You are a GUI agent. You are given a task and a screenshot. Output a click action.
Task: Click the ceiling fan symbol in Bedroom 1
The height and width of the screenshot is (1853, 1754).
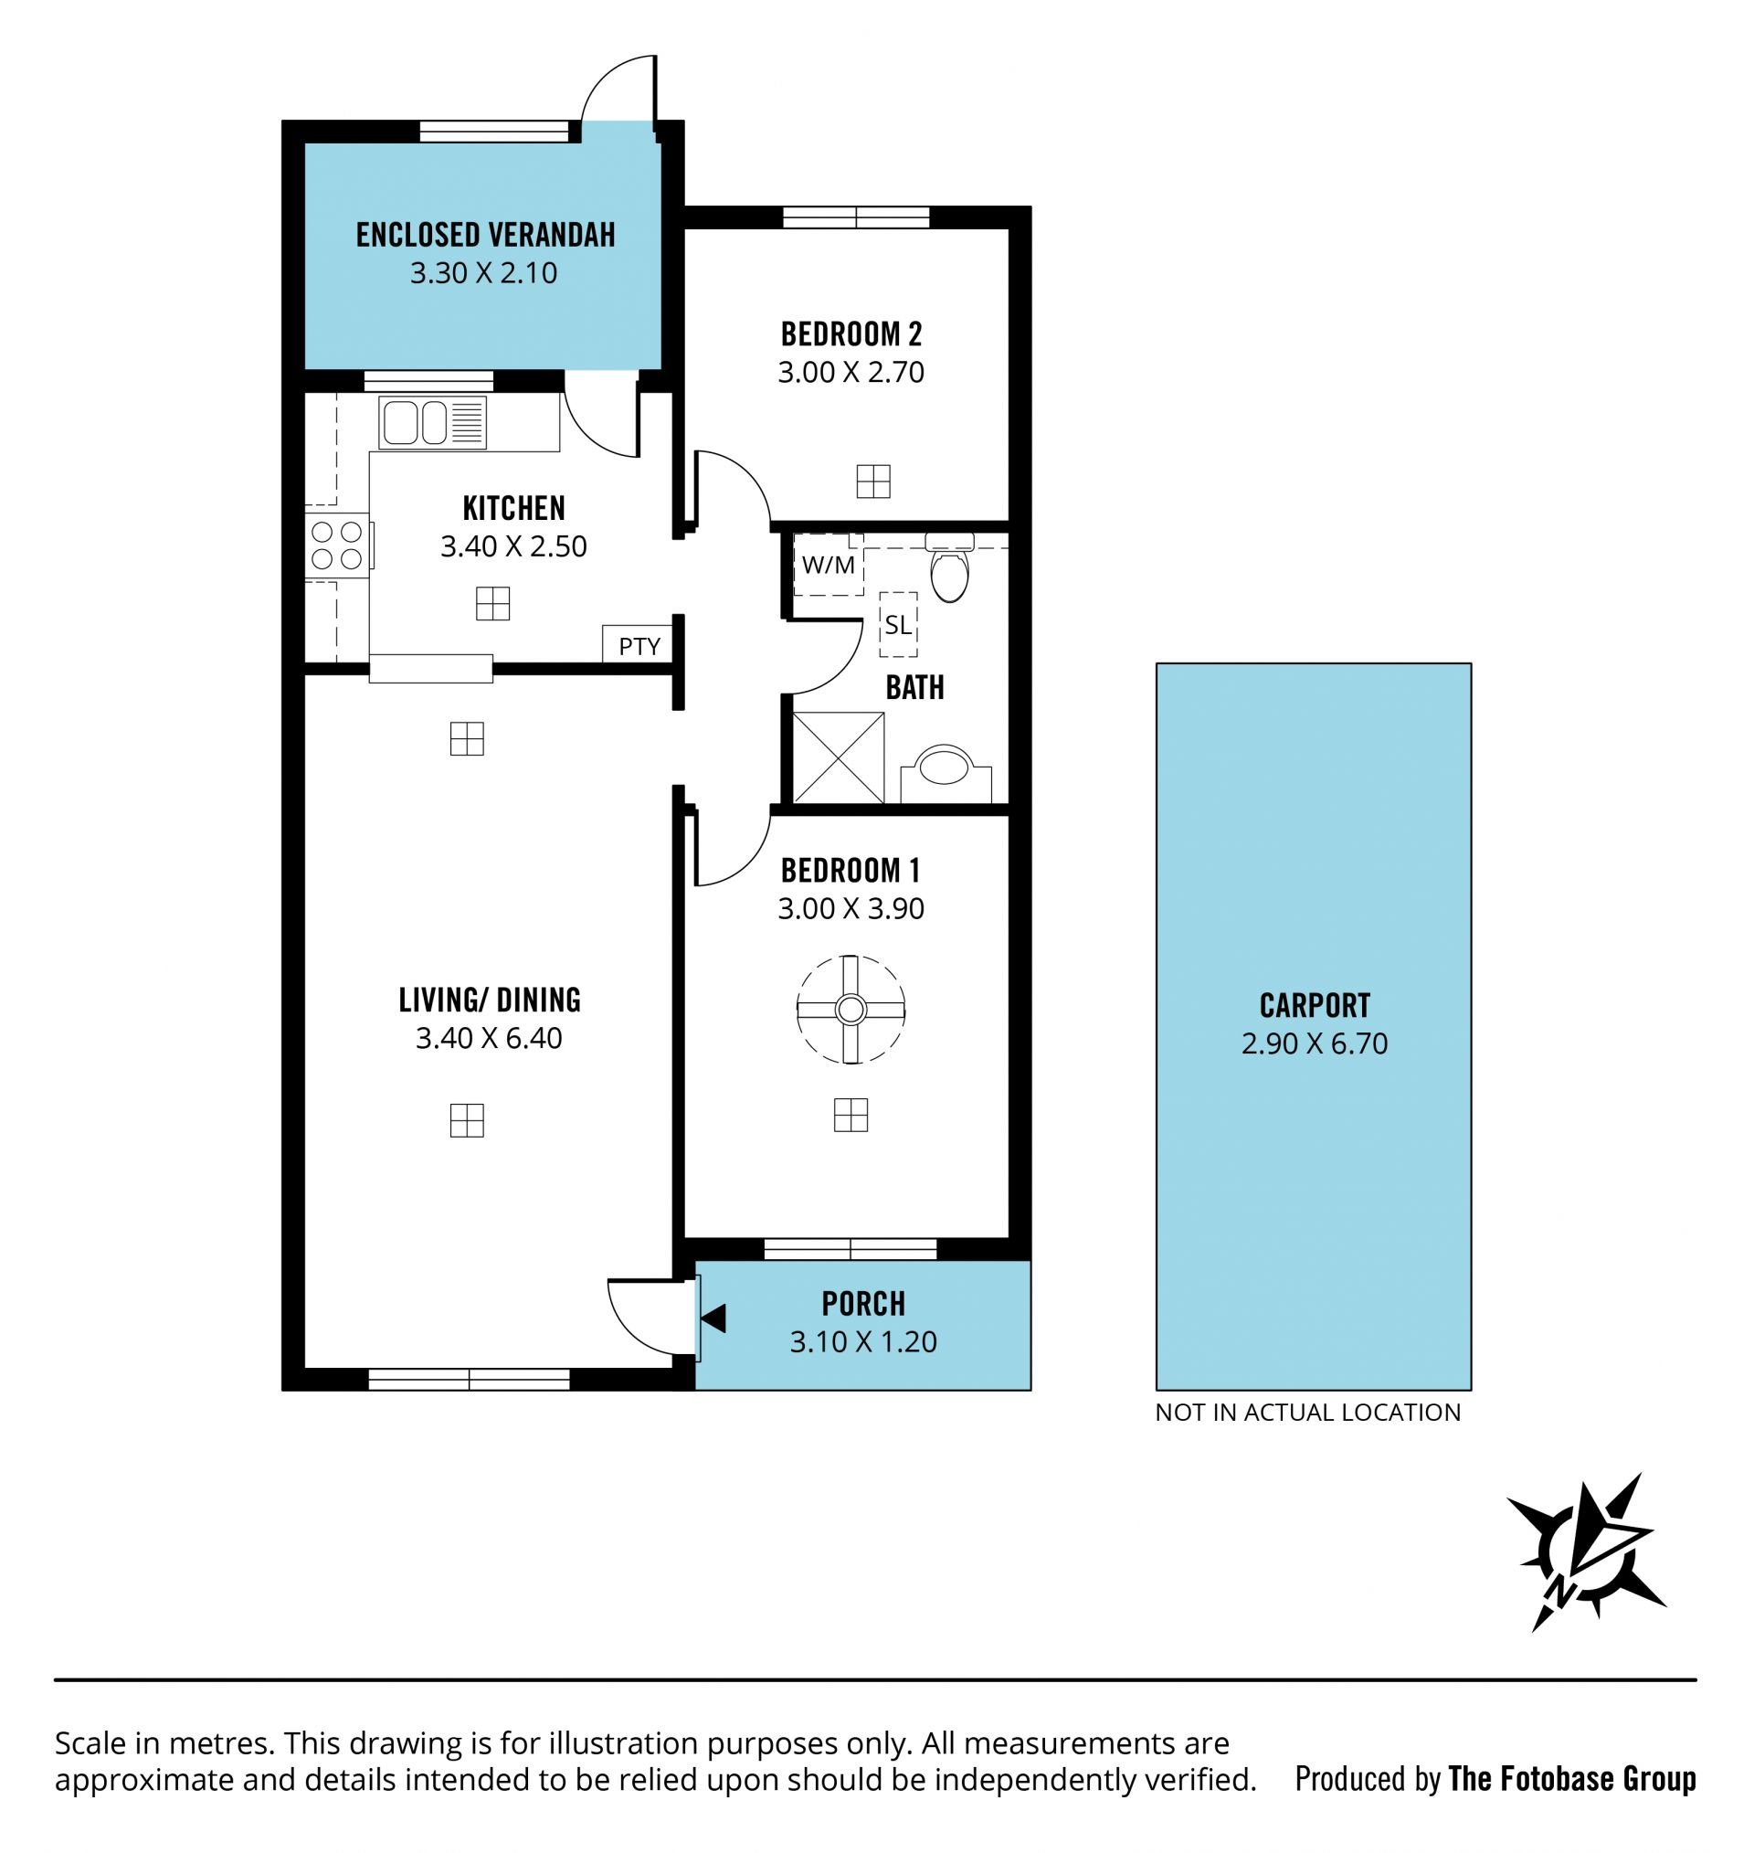tap(850, 1010)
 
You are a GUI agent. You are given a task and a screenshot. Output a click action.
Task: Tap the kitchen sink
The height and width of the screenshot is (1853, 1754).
tap(433, 421)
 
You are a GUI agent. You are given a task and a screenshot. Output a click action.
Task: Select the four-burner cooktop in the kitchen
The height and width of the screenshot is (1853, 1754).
tap(337, 545)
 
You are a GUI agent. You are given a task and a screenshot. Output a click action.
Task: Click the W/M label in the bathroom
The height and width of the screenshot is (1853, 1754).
tap(829, 565)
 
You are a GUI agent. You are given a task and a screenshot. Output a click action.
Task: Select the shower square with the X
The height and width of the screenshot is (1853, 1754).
tap(838, 757)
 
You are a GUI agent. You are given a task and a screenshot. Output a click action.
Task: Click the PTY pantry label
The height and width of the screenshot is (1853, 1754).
tap(639, 646)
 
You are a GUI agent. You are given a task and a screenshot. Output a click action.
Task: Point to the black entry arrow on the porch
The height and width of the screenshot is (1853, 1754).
tap(713, 1318)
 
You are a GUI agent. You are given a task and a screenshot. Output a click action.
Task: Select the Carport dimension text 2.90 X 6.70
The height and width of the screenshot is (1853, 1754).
tap(1314, 1043)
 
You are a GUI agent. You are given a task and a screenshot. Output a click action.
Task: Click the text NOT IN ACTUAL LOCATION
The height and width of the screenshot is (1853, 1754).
tap(1307, 1412)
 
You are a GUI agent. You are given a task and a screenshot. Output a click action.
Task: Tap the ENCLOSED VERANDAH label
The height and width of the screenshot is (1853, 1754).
tap(485, 235)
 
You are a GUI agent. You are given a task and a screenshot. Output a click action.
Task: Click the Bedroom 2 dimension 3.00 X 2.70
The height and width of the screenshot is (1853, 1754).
tap(851, 372)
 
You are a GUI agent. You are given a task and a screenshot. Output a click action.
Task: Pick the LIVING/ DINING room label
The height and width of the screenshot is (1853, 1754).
tap(489, 1001)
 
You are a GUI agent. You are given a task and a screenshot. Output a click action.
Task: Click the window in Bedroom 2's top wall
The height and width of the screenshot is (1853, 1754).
tap(855, 217)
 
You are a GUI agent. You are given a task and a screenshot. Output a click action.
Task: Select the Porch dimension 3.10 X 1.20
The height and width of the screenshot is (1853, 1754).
tap(863, 1341)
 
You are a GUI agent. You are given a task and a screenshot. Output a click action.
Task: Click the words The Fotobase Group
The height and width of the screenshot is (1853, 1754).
tap(1571, 1778)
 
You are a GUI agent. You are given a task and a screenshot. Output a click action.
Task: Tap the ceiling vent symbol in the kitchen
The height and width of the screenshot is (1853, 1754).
tap(492, 603)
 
